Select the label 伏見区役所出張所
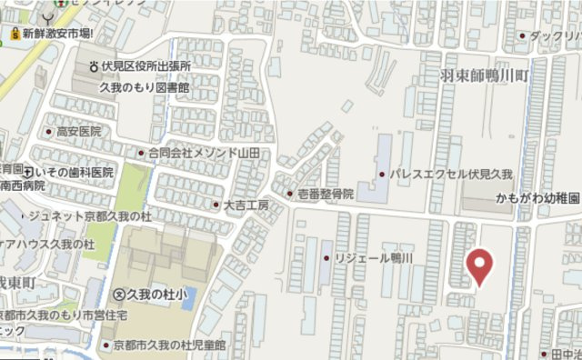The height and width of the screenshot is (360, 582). (145, 66)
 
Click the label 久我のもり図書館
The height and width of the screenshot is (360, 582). (144, 87)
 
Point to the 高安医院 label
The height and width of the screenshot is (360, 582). (78, 132)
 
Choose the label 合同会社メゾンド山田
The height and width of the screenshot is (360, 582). (204, 153)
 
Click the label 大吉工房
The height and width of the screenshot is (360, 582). (246, 205)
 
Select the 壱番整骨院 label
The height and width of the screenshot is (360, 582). (326, 195)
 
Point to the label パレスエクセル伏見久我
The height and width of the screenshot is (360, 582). (452, 173)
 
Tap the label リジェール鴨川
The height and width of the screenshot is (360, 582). (375, 258)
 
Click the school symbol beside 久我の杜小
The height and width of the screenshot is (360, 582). (118, 294)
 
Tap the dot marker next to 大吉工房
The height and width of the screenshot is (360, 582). (216, 205)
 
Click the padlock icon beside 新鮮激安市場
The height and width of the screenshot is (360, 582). (15, 34)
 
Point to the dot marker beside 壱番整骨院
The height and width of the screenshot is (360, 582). (289, 195)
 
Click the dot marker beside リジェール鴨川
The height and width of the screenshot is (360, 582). (326, 258)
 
